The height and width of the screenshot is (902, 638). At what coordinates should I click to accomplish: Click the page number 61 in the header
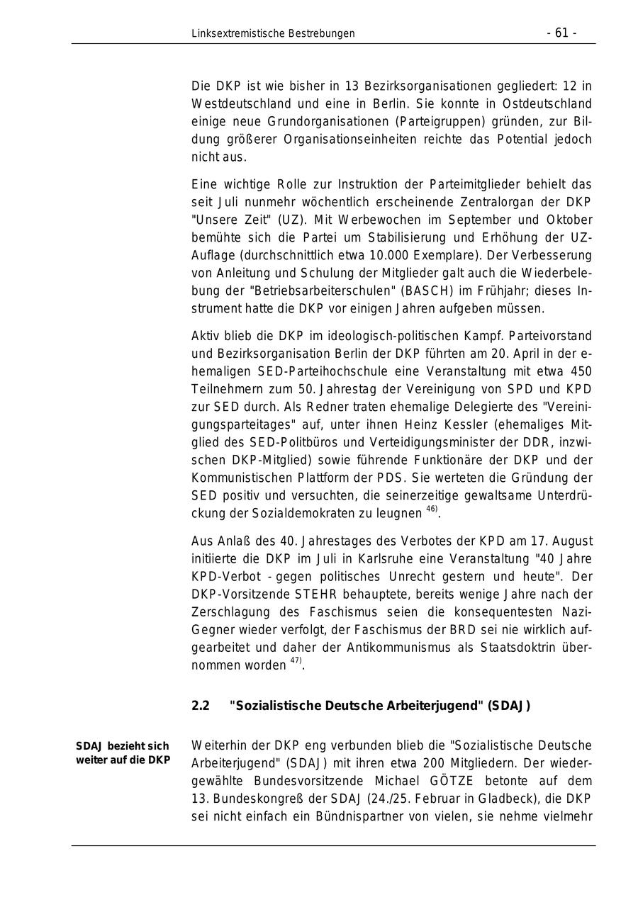561,33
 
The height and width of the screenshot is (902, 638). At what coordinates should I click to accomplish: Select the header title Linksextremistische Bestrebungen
273,33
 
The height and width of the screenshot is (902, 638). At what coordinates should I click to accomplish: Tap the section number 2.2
201,706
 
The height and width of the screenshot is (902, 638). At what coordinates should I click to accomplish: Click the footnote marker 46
431,509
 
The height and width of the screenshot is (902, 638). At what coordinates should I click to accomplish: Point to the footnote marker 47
295,662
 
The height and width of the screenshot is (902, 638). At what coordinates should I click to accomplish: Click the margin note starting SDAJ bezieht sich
123,752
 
